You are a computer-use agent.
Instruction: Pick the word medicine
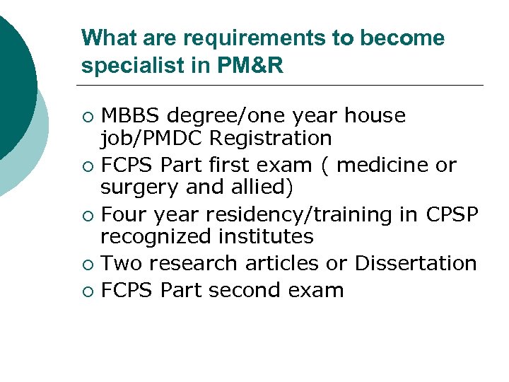[x=385, y=166]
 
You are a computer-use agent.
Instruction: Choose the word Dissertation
[x=416, y=263]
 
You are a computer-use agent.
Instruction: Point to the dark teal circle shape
[x=13, y=78]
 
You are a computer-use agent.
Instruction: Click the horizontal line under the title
[x=283, y=86]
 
